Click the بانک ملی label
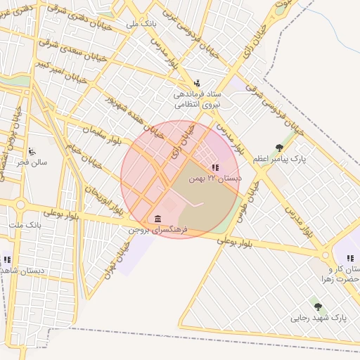pos(142,24)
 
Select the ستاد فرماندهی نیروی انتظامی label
pos(198,98)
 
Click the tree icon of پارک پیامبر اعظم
pos(279,148)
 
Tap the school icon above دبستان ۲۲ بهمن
pos(214,167)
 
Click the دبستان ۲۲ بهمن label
pos(215,179)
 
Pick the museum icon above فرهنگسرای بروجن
pos(156,218)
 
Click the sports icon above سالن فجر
pos(32,151)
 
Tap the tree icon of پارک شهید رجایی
pos(319,307)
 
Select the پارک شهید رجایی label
pos(319,318)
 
